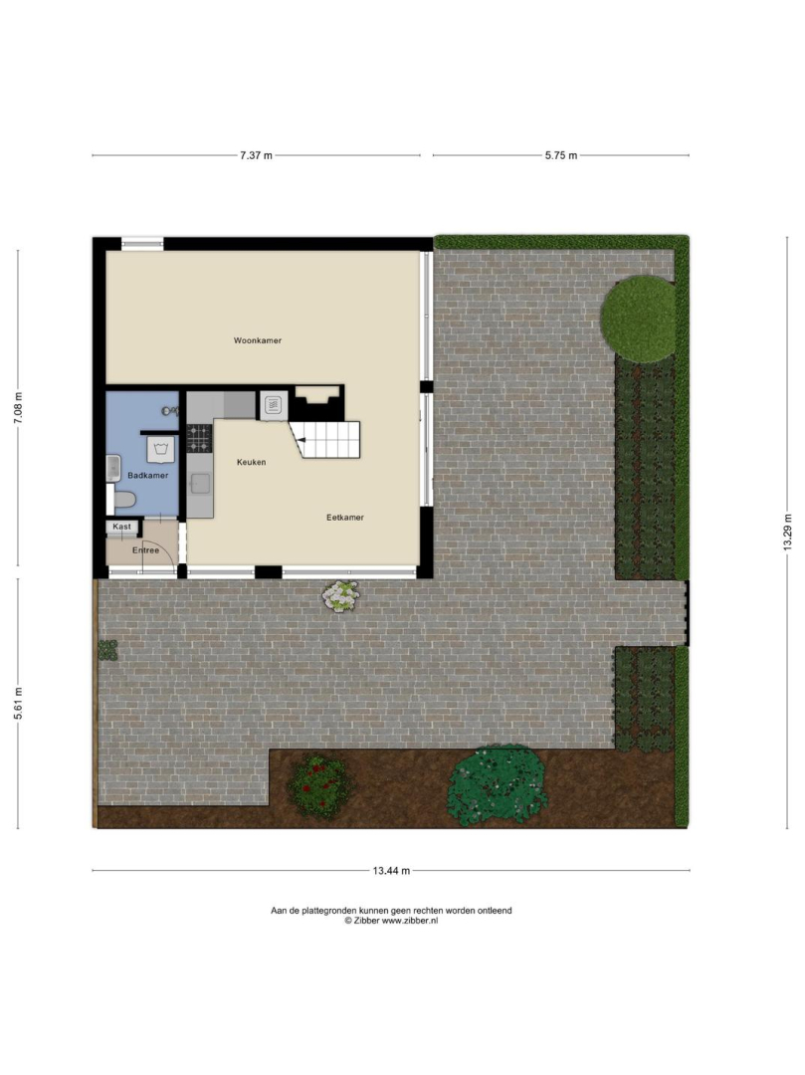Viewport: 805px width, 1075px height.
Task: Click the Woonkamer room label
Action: point(257,340)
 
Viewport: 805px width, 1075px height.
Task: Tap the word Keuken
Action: point(251,462)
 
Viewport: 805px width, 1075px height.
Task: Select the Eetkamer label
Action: point(344,518)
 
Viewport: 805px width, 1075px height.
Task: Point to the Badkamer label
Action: point(147,475)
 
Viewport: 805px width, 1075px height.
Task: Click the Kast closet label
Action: point(122,527)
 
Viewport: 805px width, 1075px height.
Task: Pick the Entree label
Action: point(145,549)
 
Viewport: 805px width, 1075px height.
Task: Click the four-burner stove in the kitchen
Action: point(199,438)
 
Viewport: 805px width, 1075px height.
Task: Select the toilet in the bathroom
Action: point(121,499)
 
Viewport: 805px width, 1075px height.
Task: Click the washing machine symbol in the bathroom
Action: point(161,449)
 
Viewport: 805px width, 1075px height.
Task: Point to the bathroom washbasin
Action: point(113,467)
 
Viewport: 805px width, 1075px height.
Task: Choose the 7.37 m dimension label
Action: point(256,155)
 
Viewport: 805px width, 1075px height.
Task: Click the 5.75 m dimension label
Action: point(561,155)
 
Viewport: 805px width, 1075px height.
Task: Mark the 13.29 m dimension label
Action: point(787,532)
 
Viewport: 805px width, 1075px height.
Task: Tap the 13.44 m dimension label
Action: point(391,871)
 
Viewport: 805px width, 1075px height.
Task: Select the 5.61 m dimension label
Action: point(19,702)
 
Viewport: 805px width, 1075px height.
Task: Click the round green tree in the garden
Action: point(639,319)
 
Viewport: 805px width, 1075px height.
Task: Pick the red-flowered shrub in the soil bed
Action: point(319,785)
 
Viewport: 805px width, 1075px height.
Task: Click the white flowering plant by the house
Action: point(340,596)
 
